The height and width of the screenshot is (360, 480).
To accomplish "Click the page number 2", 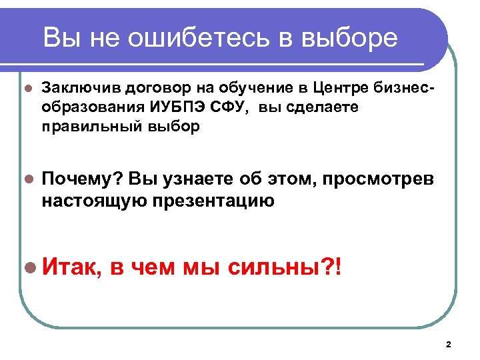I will coord(448,344).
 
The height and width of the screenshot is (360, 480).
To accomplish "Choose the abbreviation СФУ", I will coord(223,107).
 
